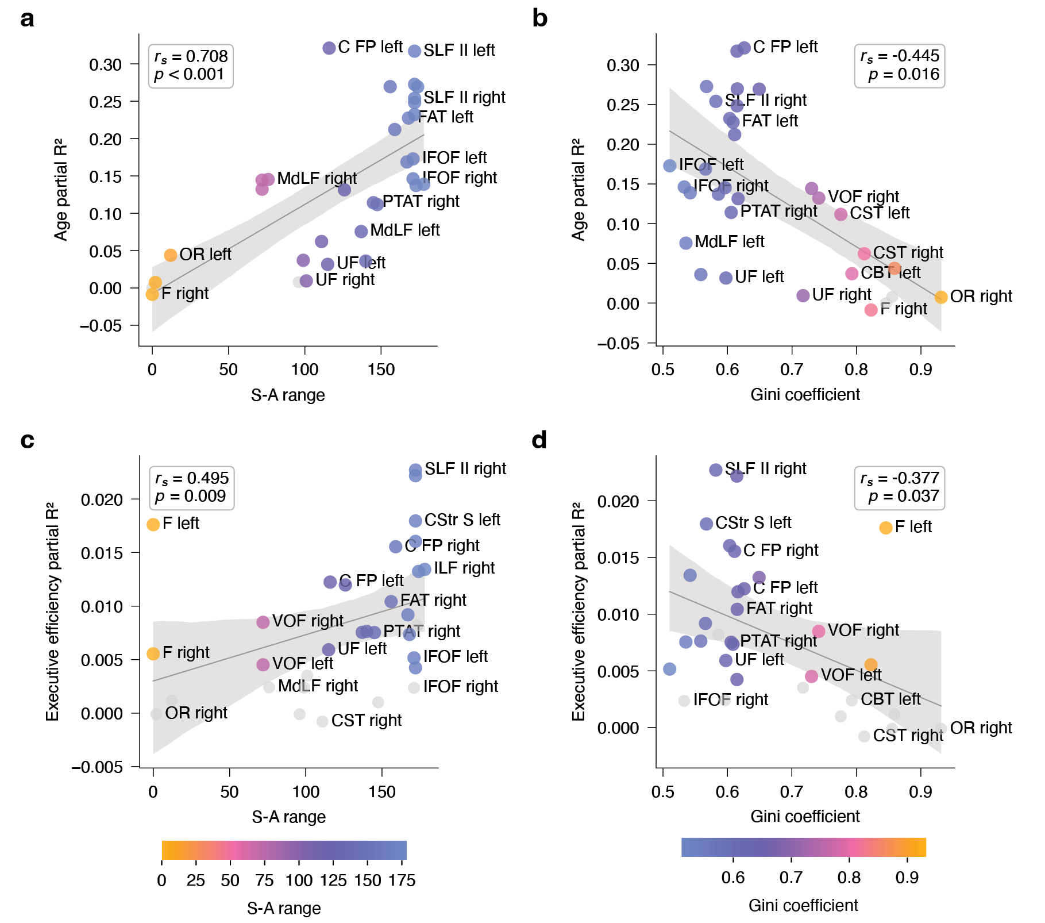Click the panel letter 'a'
click(27, 19)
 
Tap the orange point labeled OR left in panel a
click(170, 255)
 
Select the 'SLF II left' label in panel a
click(459, 51)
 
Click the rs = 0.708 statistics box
click(191, 66)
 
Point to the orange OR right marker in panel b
click(940, 297)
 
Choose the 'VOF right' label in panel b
click(863, 197)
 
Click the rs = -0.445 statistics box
click(899, 66)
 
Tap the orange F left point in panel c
click(153, 524)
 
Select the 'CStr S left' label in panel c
click(462, 520)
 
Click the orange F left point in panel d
click(885, 528)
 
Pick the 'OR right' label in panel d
click(981, 728)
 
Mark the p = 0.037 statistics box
click(899, 488)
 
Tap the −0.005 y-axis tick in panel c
click(97, 767)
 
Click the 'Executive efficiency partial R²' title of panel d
click(578, 612)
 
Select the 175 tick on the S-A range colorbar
click(402, 880)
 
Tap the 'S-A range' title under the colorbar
click(284, 909)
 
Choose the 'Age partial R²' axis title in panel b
click(578, 189)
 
